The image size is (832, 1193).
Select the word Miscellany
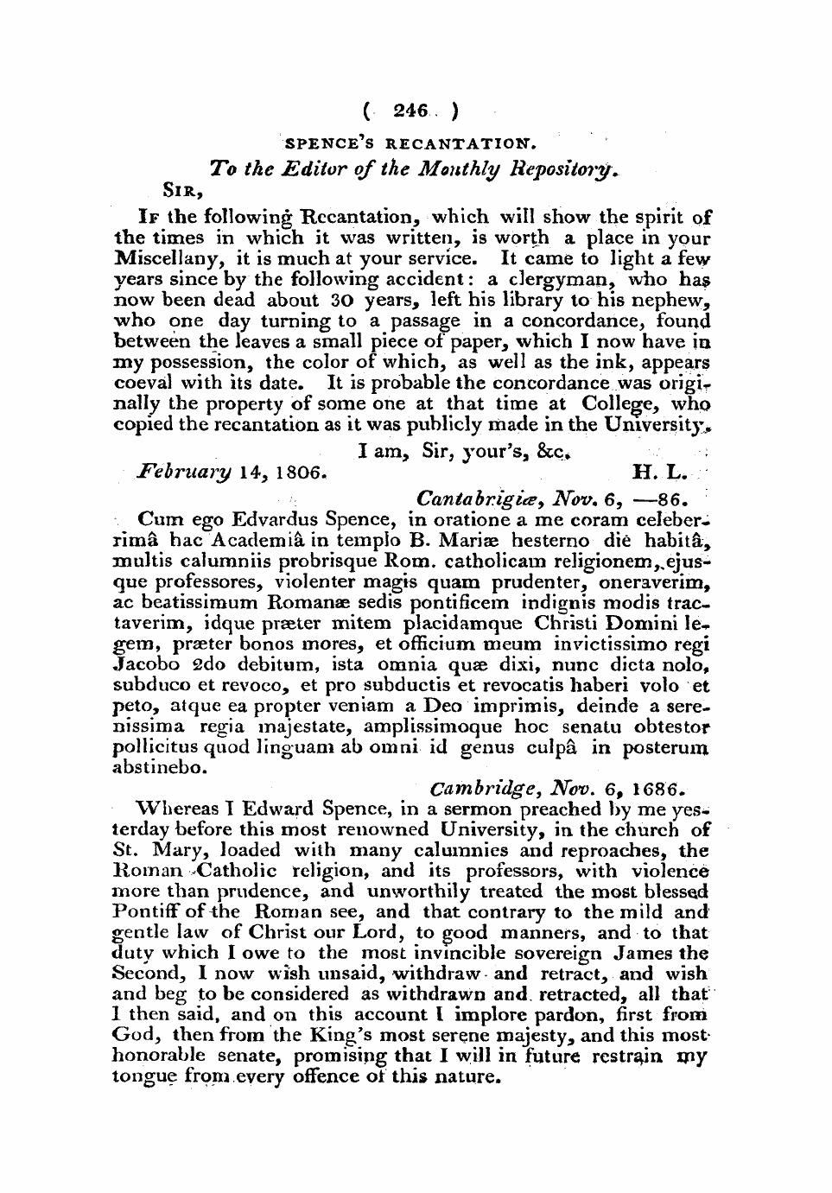(162, 259)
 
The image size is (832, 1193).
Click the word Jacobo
(143, 664)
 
